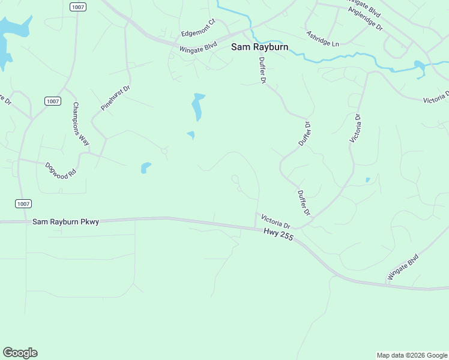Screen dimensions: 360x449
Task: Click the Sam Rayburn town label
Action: (259, 46)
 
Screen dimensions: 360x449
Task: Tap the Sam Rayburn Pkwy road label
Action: (65, 221)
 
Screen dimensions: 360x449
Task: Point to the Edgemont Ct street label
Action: (198, 28)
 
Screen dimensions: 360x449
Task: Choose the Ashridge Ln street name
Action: (322, 39)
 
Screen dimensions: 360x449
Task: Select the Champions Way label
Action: (81, 124)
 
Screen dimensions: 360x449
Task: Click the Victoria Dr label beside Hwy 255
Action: (276, 221)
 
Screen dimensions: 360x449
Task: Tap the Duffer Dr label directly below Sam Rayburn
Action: (263, 70)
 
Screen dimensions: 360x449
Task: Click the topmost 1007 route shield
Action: (77, 7)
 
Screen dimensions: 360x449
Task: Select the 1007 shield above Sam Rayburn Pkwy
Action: (23, 204)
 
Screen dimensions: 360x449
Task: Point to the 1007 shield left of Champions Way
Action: (52, 101)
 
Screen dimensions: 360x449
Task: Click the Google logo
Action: (20, 353)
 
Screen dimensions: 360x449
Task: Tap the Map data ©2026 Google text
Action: (412, 355)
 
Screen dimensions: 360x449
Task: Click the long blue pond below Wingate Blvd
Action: (197, 106)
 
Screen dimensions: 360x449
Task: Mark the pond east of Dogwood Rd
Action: (145, 167)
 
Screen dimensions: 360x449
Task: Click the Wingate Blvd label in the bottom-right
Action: (403, 267)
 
